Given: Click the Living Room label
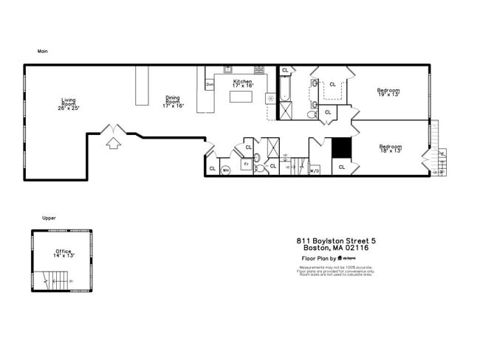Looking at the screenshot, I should coord(69,104).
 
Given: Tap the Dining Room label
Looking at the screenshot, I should coord(173,102).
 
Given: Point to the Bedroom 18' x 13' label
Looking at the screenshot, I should coord(390,148).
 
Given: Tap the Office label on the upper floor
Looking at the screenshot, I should coord(64,253).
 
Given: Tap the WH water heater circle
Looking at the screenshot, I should coord(226,170).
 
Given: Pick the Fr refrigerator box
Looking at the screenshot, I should coord(247,164).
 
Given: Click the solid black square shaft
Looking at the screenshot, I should coord(340,148).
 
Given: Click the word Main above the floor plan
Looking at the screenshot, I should coord(43,52).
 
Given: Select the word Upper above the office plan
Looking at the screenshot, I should coord(49,218).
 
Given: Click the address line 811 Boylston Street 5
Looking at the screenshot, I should coord(336,240).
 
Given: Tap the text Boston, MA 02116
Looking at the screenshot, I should coord(336,248).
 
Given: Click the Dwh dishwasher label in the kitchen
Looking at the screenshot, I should coord(210,85).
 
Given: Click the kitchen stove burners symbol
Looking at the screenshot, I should coord(259,70).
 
